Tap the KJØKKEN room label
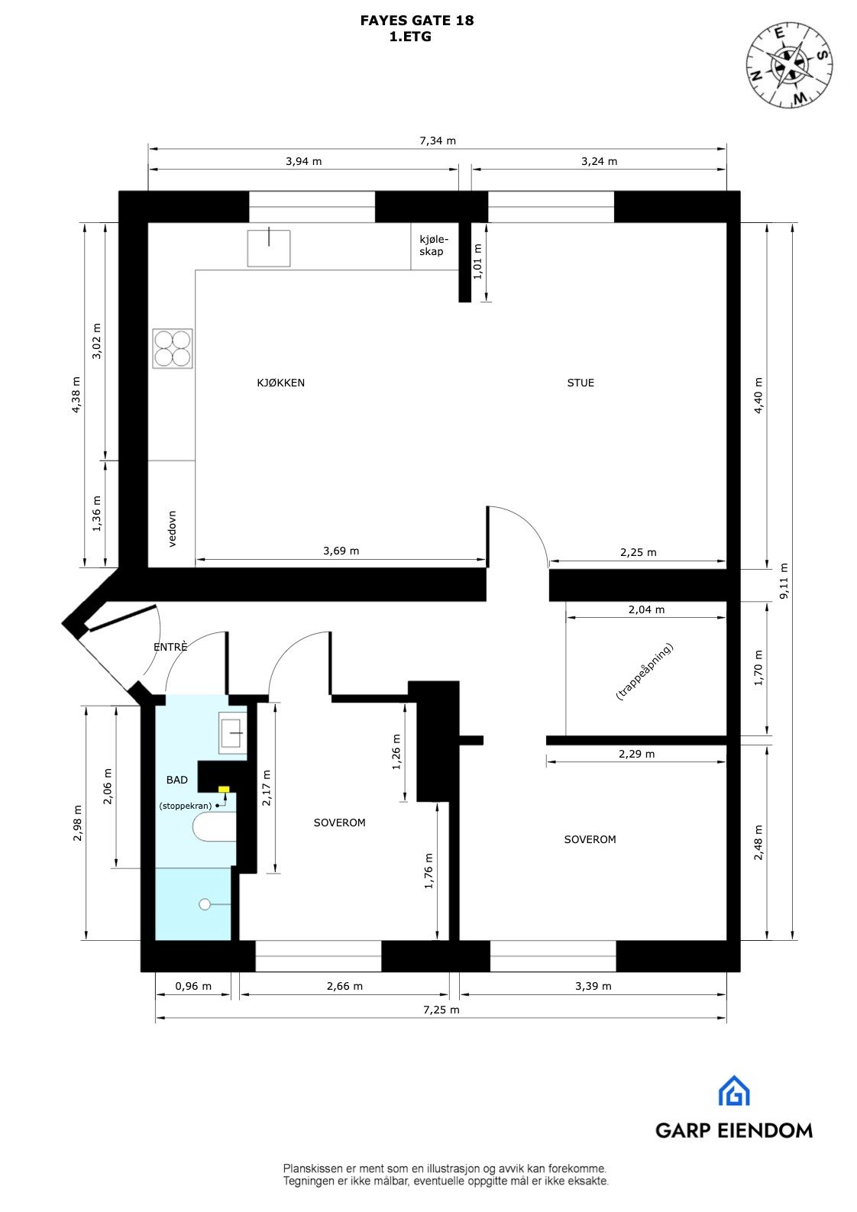[280, 383]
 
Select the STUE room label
[580, 383]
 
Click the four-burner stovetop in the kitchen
[172, 348]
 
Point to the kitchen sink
[269, 247]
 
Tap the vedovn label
[173, 528]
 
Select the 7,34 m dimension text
[437, 141]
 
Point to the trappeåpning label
[644, 671]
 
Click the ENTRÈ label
[170, 647]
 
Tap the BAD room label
[176, 780]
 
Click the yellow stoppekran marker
[224, 789]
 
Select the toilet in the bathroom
[213, 828]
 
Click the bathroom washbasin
[232, 732]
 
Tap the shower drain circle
[204, 904]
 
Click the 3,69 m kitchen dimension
[341, 551]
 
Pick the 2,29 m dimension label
[636, 754]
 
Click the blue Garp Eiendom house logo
[734, 1091]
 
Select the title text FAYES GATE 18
[417, 21]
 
